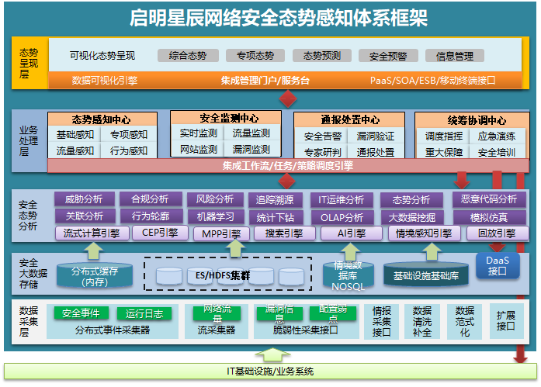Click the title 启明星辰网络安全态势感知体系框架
(x=279, y=18)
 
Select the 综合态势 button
(x=188, y=56)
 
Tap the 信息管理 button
(x=455, y=56)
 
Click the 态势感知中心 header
(x=100, y=119)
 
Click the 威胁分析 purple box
(x=85, y=199)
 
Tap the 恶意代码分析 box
(x=489, y=199)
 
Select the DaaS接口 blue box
(x=497, y=265)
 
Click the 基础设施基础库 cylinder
(x=425, y=275)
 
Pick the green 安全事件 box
(x=80, y=313)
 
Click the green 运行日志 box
(x=144, y=313)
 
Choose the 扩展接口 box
(x=505, y=321)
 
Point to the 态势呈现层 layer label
(x=29, y=63)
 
